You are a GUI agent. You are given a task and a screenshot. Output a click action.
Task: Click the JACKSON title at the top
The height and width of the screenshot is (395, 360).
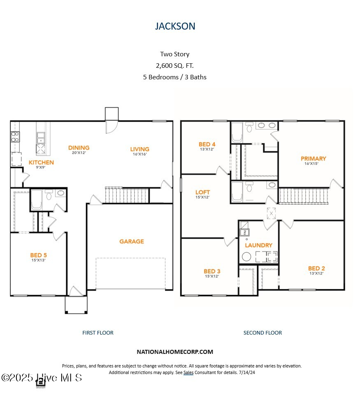(175, 26)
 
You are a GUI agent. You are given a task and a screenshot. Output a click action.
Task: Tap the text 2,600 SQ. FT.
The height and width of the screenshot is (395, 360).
(174, 65)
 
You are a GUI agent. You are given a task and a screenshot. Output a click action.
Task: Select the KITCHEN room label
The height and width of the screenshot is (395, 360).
(41, 162)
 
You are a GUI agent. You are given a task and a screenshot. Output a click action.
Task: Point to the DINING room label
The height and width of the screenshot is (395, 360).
(79, 148)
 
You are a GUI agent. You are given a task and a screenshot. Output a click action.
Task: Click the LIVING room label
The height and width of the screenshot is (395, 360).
(139, 149)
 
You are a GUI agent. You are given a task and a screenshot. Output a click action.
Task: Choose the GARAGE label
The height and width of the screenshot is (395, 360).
(132, 241)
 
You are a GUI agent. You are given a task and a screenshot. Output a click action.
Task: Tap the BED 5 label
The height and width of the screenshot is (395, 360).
(38, 255)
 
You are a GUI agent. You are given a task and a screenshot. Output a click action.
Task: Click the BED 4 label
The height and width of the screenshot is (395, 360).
(207, 144)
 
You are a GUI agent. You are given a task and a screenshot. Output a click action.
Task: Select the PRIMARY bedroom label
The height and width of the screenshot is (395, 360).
(313, 159)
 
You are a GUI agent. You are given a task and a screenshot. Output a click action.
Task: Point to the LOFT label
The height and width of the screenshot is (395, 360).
(202, 192)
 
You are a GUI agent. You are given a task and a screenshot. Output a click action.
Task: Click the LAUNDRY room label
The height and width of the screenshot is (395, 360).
(258, 245)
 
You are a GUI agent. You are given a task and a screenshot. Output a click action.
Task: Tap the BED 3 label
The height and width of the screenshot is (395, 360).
(212, 271)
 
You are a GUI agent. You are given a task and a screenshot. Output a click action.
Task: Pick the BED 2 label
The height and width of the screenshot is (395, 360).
(316, 268)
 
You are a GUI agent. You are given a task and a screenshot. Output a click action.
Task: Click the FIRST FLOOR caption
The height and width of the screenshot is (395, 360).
(98, 333)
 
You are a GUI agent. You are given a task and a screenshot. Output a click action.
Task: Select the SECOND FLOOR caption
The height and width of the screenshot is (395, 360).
(262, 333)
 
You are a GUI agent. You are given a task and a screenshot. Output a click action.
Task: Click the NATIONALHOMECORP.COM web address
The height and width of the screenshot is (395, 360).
(175, 351)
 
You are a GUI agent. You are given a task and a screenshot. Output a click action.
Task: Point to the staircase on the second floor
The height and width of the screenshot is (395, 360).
(304, 196)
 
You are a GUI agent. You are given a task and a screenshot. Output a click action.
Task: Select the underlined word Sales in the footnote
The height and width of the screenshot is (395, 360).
(188, 372)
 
